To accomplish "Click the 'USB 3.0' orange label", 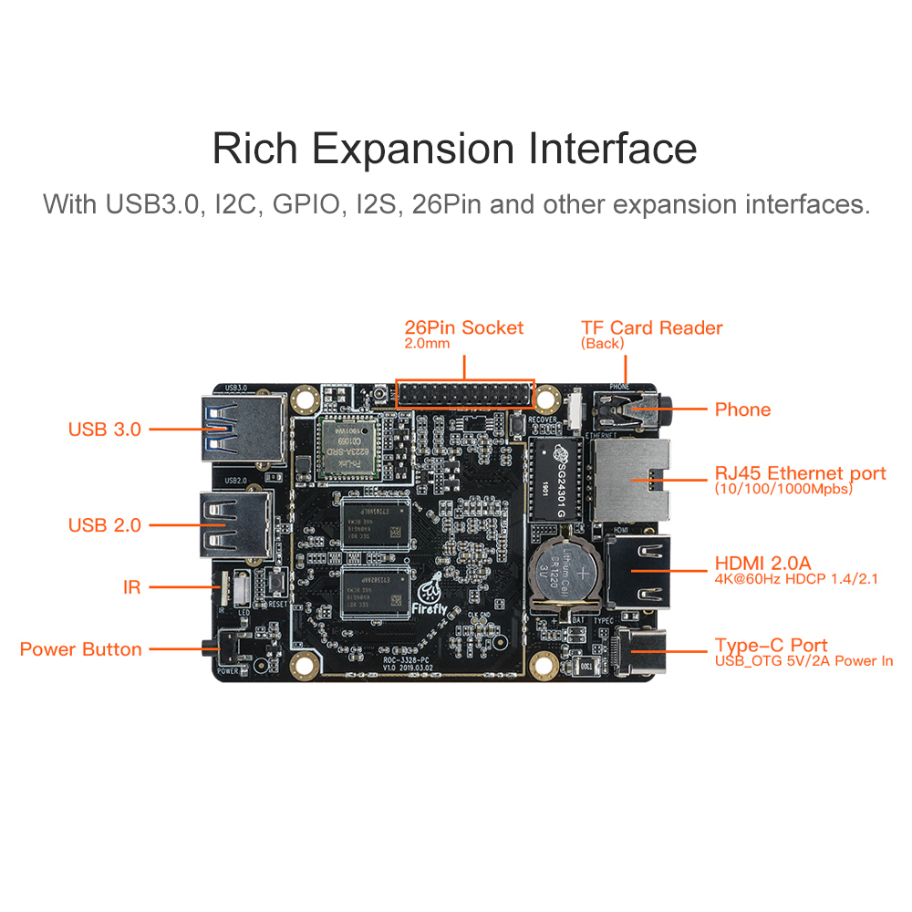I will pos(105,429).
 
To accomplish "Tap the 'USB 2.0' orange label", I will pos(105,525).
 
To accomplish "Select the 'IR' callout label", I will pos(132,588).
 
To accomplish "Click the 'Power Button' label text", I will pos(80,649).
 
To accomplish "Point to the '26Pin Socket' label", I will pos(464,327).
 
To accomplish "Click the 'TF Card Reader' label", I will pos(651,327).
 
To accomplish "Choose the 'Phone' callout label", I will pos(742,409).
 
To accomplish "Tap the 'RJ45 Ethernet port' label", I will pos(800,473).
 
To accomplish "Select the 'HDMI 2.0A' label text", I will pos(762,563).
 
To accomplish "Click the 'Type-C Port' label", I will pos(771,645).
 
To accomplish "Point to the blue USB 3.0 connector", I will pos(239,429).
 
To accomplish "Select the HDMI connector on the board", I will pos(638,571).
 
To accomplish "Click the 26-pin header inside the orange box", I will pos(464,393).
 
